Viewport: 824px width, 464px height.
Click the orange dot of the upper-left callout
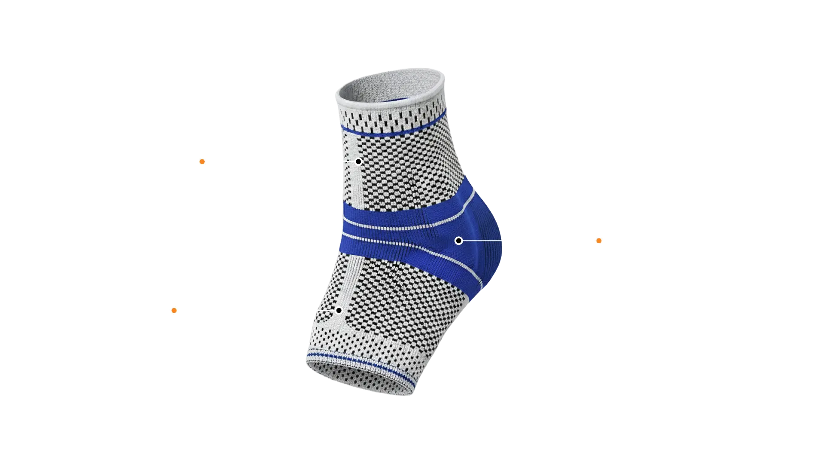click(x=202, y=162)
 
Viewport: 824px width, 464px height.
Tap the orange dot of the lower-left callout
click(x=174, y=310)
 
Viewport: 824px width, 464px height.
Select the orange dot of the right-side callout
click(x=598, y=241)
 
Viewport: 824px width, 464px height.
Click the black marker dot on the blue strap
click(x=458, y=241)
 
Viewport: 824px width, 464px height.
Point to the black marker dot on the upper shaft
click(x=358, y=162)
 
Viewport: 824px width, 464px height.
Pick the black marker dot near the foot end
click(x=339, y=310)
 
